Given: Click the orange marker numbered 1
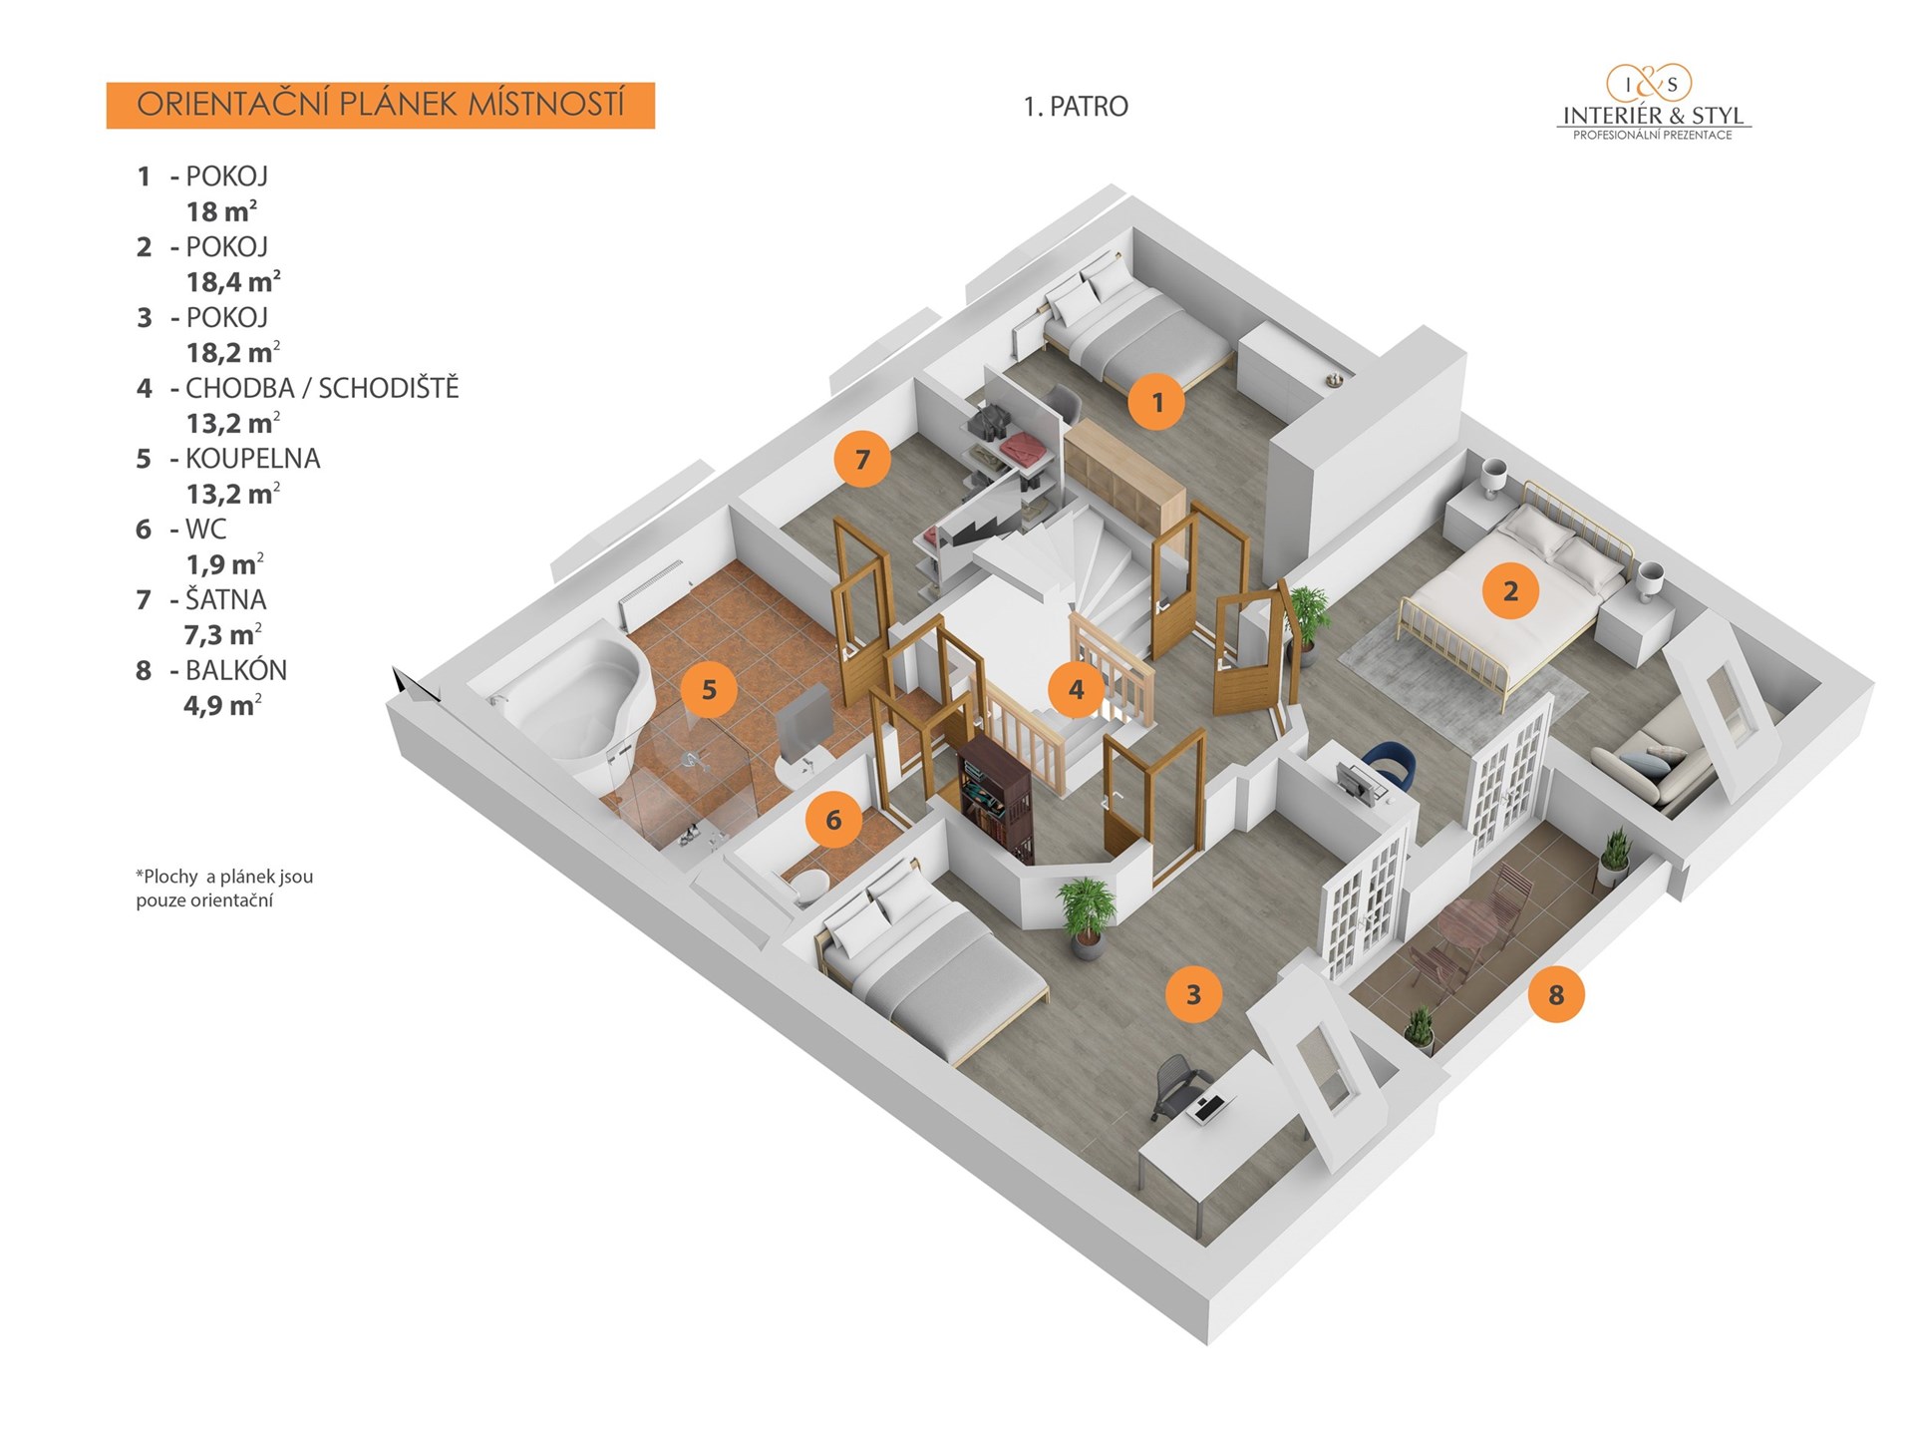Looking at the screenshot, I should pos(1156,402).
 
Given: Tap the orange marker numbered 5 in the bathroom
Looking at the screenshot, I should pos(709,689).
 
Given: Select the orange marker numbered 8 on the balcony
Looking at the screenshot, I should pos(1555,994).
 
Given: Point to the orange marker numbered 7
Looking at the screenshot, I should pos(862,459).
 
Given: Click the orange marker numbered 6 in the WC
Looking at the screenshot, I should pos(833,820).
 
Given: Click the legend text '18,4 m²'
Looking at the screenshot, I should pos(233,281).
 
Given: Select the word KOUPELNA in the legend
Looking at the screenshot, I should pos(252,459).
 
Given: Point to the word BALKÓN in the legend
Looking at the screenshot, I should pos(236,670).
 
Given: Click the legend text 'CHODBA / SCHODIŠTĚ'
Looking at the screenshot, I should pos(321,388).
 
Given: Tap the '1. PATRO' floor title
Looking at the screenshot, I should pos(1076,107).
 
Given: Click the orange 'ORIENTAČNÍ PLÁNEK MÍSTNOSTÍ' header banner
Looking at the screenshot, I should pos(380,106).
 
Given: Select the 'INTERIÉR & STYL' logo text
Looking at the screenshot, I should pos(1653,116).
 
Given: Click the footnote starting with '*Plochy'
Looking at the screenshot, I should pos(224,889).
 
